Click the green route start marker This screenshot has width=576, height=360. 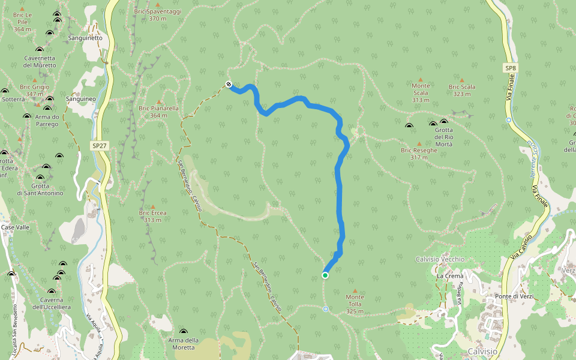pyautogui.click(x=325, y=275)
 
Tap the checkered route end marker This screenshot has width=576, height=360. pyautogui.click(x=229, y=84)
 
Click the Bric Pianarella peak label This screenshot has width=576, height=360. pyautogui.click(x=158, y=112)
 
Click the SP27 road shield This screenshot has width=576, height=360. pyautogui.click(x=100, y=146)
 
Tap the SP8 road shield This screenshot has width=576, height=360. pyautogui.click(x=510, y=68)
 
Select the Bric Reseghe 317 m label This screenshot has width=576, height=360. pyautogui.click(x=419, y=154)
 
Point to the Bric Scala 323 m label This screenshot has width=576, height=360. pyautogui.click(x=462, y=90)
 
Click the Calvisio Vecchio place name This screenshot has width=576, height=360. pyautogui.click(x=440, y=259)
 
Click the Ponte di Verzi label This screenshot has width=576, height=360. pyautogui.click(x=514, y=297)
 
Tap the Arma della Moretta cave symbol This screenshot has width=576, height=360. pyautogui.click(x=183, y=332)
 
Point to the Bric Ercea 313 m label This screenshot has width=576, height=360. pyautogui.click(x=152, y=216)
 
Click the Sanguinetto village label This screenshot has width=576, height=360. pyautogui.click(x=85, y=38)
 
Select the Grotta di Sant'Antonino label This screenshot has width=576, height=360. pyautogui.click(x=40, y=189)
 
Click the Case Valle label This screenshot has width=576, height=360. pyautogui.click(x=15, y=227)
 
